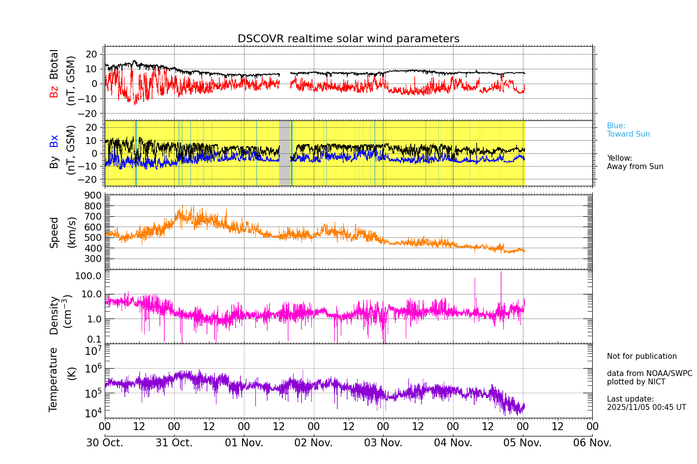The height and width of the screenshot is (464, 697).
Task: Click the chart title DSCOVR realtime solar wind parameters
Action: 348,39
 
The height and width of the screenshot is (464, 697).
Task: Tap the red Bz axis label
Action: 54,91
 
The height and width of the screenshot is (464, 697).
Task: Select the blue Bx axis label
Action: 54,141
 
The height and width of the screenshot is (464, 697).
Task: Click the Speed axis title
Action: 54,232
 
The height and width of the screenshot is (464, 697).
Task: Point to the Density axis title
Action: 54,315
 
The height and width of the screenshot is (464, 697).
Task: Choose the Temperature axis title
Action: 54,379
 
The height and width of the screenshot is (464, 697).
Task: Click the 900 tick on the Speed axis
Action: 92,196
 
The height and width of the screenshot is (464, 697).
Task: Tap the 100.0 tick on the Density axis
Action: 88,276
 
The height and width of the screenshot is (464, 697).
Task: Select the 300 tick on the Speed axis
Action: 92,259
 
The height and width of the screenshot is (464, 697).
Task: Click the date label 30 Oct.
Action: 105,443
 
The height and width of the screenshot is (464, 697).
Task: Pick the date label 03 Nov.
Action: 383,443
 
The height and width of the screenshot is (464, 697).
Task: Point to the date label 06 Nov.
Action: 592,443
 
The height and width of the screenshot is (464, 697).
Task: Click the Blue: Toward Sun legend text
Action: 628,130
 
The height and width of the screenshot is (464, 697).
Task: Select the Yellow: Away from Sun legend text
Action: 635,163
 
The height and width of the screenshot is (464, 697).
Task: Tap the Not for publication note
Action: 641,356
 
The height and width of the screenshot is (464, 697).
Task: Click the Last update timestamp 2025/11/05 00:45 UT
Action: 646,407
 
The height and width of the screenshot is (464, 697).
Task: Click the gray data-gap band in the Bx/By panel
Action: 285,153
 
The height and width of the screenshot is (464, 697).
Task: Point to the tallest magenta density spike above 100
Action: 501,273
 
